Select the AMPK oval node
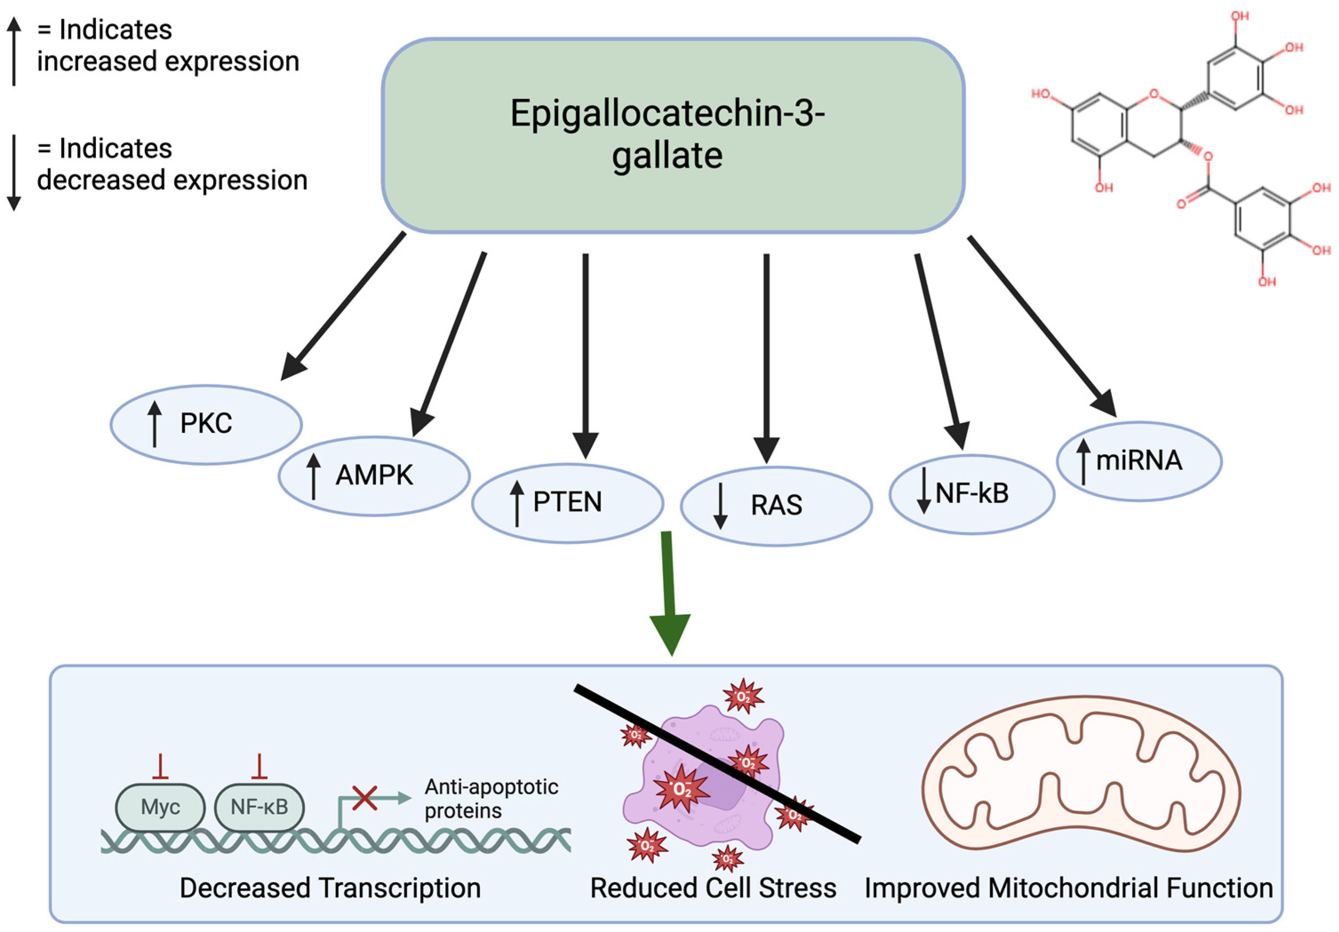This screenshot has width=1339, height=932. point(374,475)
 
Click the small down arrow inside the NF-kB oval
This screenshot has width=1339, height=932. point(923,490)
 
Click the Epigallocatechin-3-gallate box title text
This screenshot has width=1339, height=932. point(667,134)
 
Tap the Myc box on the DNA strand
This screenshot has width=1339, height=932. point(160,807)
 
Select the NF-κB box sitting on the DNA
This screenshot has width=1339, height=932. point(259,807)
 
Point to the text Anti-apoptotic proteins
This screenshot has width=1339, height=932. point(490,798)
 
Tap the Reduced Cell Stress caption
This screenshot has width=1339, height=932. point(713,888)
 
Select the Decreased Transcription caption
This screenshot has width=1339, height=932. point(330,888)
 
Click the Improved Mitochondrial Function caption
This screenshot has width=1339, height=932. point(1068,888)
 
